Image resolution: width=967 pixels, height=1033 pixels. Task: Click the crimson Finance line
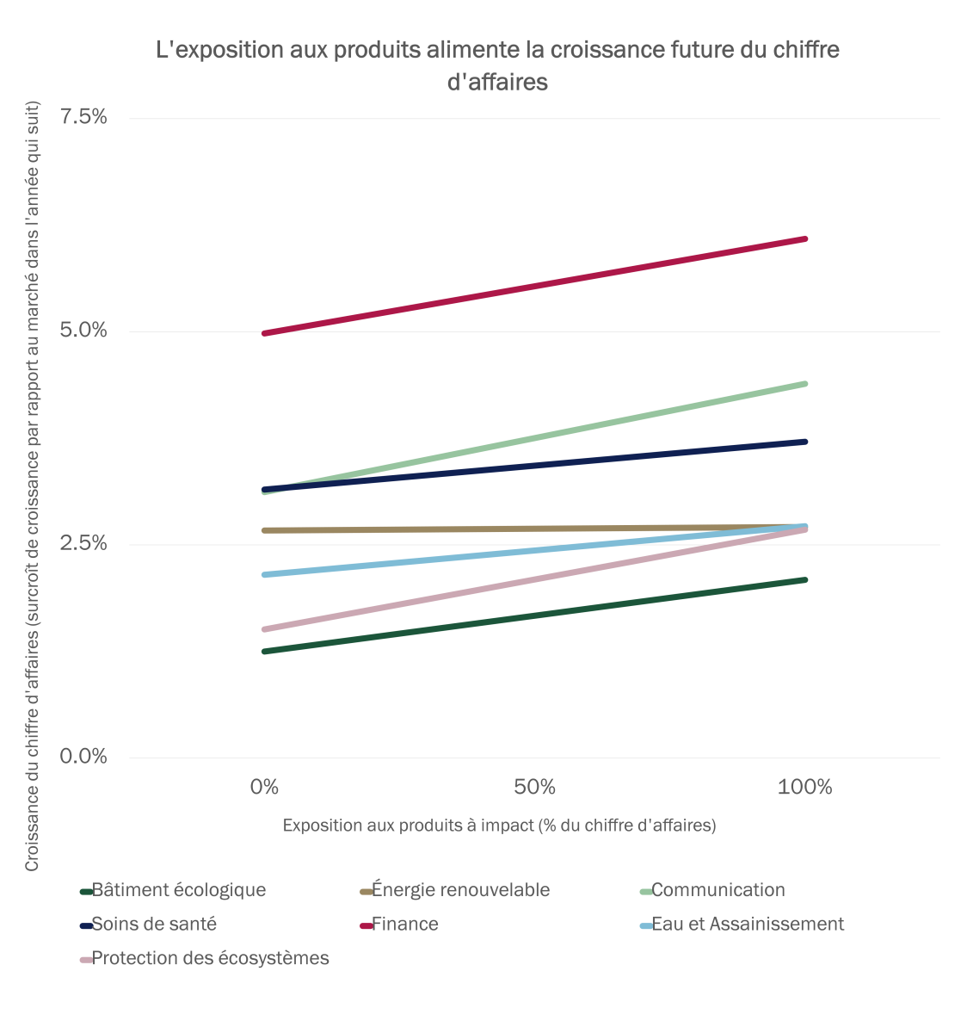click(533, 286)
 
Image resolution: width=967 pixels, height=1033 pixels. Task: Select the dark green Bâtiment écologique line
click(533, 615)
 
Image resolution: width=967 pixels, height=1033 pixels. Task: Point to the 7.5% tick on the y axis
click(83, 117)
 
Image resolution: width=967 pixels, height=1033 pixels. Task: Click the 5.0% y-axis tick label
click(83, 331)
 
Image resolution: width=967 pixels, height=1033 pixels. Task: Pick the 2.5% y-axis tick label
click(83, 543)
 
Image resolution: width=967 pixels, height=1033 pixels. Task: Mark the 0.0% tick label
click(83, 756)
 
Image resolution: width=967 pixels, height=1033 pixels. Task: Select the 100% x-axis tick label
click(804, 787)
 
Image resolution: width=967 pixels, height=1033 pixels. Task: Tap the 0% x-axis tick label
click(264, 787)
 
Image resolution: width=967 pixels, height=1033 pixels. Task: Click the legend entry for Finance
click(405, 925)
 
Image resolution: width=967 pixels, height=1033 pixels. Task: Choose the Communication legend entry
click(718, 890)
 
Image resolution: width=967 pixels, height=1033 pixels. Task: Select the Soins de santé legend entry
click(154, 925)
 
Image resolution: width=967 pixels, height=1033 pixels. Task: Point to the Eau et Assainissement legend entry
click(748, 925)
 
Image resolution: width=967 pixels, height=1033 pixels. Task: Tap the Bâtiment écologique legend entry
click(179, 890)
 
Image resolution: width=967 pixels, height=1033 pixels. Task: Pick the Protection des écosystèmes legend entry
click(210, 958)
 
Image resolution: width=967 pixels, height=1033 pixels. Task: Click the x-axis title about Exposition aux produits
click(499, 825)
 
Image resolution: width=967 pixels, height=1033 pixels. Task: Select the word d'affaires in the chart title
click(497, 83)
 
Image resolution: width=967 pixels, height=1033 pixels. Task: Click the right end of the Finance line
click(804, 238)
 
